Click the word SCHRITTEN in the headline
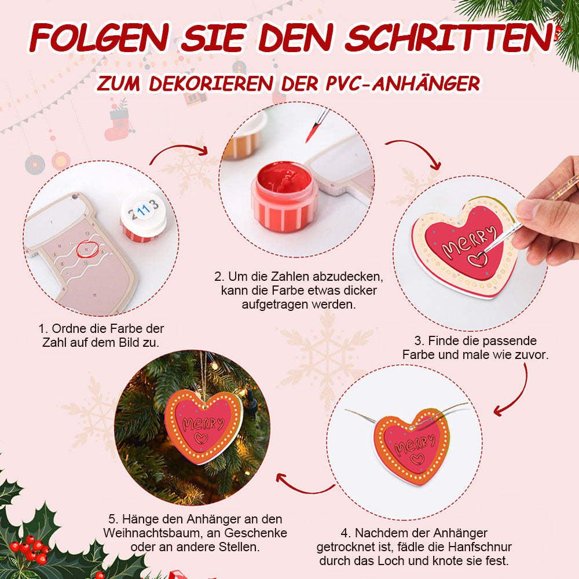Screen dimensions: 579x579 pyautogui.click(x=449, y=37)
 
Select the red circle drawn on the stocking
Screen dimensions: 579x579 pyautogui.click(x=88, y=249)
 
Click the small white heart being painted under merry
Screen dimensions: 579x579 pyautogui.click(x=478, y=259)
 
